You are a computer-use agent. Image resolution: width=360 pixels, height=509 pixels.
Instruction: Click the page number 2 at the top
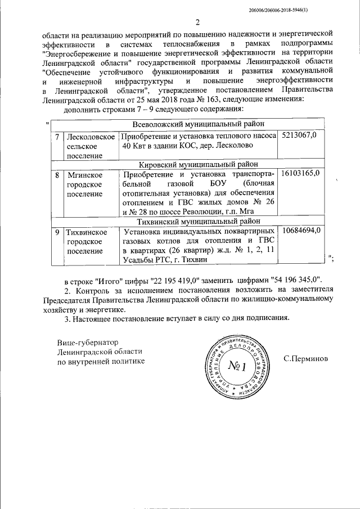[197, 22]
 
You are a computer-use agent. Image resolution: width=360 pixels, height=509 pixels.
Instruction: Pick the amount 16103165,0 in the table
[301, 173]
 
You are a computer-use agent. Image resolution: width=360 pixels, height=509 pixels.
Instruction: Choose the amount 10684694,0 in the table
[301, 231]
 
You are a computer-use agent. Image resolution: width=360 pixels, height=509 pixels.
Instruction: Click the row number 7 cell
[57, 137]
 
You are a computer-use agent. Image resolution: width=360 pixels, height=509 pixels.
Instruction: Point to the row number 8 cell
[57, 174]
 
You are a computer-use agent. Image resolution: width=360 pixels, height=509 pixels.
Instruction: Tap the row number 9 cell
[57, 231]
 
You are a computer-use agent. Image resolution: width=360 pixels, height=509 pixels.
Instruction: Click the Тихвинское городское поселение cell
[87, 241]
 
